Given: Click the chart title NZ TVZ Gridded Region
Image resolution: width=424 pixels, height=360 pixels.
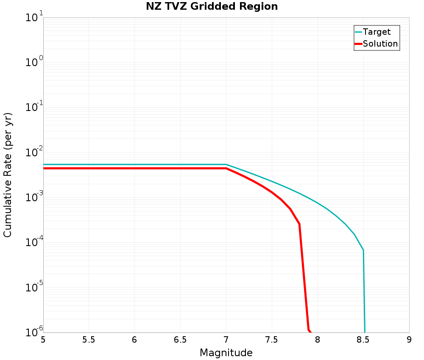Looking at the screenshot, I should click(x=212, y=7).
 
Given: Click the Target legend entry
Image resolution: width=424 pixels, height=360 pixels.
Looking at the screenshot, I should click(x=377, y=32).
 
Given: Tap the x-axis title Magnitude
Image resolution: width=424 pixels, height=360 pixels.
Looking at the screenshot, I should click(x=226, y=352).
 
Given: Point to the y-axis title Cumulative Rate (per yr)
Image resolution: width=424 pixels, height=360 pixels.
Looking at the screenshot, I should click(x=8, y=175).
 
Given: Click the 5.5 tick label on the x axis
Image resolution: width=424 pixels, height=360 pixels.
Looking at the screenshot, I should click(x=89, y=340).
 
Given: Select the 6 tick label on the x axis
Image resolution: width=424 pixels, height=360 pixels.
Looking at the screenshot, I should click(x=134, y=340).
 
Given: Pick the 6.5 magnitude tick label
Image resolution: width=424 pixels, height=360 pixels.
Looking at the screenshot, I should click(x=180, y=340).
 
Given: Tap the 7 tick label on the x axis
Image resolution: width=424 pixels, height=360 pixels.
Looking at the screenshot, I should click(x=226, y=340).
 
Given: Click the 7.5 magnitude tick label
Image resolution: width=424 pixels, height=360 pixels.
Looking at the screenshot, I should click(x=272, y=340).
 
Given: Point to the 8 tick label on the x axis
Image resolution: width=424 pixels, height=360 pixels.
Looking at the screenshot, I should click(x=318, y=340).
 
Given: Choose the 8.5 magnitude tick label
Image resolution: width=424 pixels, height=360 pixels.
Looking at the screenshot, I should click(x=363, y=340).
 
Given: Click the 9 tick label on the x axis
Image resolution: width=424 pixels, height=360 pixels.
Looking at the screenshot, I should click(x=409, y=340).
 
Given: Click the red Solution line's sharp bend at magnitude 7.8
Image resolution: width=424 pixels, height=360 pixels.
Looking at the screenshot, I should click(x=299, y=224).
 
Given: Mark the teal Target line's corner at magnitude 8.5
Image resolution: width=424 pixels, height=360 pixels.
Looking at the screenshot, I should click(x=363, y=250).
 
